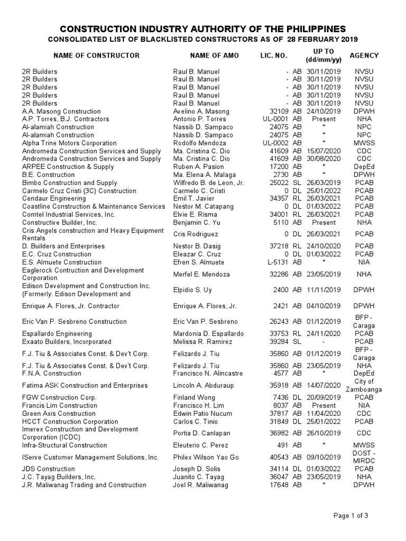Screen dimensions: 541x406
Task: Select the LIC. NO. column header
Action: click(274, 55)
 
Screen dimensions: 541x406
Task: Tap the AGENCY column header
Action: click(364, 55)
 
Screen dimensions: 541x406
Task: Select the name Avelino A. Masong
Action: click(201, 111)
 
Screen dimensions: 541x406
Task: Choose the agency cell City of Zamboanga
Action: click(364, 386)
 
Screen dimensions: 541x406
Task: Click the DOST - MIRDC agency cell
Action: click(364, 457)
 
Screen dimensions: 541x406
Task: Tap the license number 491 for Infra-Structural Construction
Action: click(282, 445)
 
